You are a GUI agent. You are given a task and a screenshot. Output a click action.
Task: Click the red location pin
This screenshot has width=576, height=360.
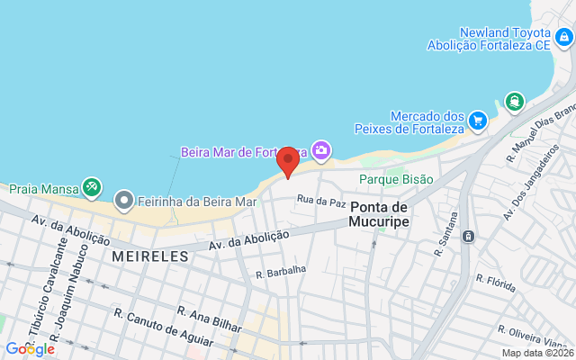(x=288, y=162)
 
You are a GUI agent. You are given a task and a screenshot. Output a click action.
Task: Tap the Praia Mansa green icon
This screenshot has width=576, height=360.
(x=91, y=187)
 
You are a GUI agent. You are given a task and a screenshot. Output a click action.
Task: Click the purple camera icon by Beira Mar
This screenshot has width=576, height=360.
(x=320, y=149)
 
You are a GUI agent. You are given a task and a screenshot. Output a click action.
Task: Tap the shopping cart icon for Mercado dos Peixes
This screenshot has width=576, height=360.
(x=478, y=121)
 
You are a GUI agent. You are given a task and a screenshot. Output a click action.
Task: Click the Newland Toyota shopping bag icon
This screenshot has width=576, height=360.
(x=562, y=38)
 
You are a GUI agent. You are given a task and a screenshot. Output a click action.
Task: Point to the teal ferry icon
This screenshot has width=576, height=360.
(x=514, y=101)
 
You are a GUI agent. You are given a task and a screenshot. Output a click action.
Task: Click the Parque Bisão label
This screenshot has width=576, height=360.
(x=396, y=179)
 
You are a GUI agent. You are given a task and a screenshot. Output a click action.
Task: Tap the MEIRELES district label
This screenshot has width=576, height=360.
(x=150, y=256)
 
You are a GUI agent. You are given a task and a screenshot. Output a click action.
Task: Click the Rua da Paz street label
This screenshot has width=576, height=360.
(x=321, y=202)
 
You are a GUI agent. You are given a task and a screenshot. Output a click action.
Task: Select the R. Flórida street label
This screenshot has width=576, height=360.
(x=496, y=285)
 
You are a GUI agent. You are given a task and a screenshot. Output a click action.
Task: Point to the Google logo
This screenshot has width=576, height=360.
(x=30, y=348)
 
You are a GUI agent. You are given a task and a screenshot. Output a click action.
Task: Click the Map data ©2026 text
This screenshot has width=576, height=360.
(x=535, y=353)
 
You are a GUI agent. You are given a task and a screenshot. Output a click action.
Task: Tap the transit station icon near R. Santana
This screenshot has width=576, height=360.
(x=468, y=236)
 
